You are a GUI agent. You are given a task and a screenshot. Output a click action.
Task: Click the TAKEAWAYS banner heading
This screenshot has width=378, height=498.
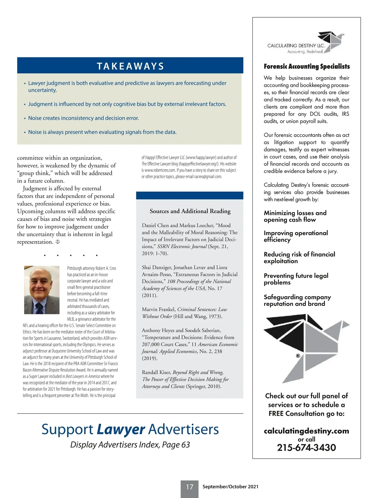tap(130, 66)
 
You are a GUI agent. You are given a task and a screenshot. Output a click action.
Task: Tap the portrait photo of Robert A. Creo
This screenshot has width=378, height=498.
tap(42, 290)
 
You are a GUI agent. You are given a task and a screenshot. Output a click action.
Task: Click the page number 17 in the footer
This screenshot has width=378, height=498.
tap(189, 487)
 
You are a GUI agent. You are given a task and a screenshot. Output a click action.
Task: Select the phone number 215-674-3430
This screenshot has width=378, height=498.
tap(306, 448)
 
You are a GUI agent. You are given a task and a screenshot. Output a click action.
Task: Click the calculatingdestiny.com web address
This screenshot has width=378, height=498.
tap(306, 431)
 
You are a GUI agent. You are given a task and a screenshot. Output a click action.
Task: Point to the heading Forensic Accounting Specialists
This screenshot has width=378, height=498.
tap(306, 66)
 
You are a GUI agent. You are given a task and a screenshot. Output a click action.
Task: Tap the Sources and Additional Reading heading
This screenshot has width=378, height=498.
tap(190, 211)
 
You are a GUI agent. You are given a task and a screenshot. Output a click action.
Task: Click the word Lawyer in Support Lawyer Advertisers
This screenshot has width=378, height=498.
tap(121, 429)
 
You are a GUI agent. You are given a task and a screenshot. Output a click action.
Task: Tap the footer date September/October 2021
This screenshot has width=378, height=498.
tap(230, 487)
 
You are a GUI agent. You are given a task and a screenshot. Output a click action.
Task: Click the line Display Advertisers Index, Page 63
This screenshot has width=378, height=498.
tap(130, 444)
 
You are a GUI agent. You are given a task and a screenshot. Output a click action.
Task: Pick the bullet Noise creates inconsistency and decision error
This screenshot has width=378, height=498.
tap(83, 118)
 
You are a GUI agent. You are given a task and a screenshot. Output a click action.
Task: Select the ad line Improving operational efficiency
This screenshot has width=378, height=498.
tap(295, 236)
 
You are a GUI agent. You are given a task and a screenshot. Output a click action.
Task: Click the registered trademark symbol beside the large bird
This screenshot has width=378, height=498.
tap(298, 356)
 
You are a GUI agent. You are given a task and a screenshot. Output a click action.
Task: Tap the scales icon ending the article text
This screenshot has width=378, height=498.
tap(58, 242)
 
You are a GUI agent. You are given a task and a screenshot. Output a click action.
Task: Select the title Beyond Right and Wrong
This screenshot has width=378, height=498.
tap(198, 372)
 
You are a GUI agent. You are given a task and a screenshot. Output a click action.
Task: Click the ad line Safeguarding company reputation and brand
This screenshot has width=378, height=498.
tap(297, 300)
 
